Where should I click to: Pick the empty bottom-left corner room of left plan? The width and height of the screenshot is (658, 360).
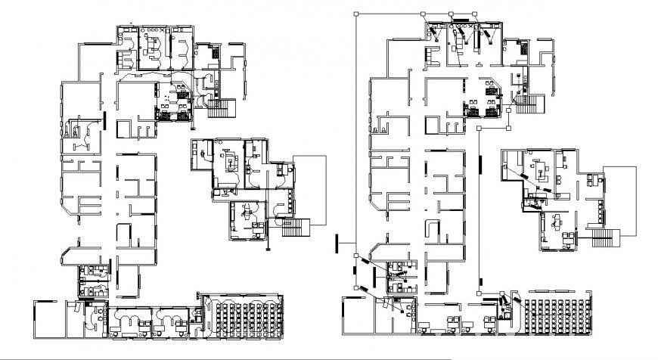[x=49, y=318]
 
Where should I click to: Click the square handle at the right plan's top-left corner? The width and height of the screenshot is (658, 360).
[x=356, y=13]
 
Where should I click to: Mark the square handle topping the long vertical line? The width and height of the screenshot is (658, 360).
[x=480, y=129]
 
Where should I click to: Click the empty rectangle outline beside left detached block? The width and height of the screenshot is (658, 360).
[x=310, y=189]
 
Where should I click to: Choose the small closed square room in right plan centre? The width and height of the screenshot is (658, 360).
[x=454, y=124]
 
